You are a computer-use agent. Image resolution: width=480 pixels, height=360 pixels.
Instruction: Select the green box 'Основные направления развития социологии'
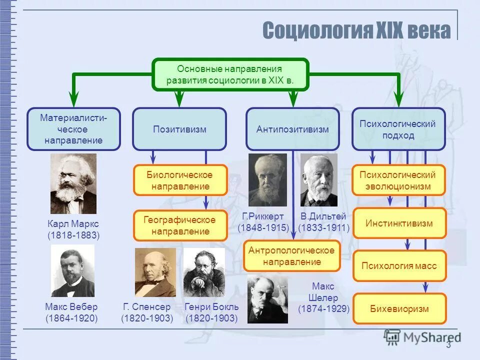click(x=230, y=74)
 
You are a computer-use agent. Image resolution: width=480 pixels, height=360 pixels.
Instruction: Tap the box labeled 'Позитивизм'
click(x=179, y=129)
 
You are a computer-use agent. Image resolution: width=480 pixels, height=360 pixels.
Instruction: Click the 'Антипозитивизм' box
click(x=292, y=129)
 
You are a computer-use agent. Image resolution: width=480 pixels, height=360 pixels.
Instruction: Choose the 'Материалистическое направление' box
click(x=73, y=129)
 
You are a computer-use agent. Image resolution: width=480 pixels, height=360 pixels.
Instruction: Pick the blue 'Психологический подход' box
click(x=398, y=129)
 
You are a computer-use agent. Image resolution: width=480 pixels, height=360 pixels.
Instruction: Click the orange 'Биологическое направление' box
click(x=179, y=180)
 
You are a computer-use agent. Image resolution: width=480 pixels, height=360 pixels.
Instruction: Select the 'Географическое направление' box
click(x=179, y=225)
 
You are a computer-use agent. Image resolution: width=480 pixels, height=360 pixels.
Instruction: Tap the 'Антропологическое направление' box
click(x=292, y=255)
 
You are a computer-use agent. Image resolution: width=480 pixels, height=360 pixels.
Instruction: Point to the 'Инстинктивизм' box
click(x=399, y=223)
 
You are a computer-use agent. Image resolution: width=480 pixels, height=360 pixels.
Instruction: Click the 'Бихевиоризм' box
click(x=399, y=308)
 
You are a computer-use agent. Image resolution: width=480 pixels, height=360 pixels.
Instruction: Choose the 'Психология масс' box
click(x=399, y=265)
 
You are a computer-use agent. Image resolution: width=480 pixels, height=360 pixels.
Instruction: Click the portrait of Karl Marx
click(x=73, y=183)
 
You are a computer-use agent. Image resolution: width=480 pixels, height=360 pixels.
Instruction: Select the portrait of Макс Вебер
click(x=72, y=270)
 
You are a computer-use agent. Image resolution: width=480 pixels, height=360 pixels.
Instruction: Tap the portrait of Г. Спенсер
click(x=155, y=272)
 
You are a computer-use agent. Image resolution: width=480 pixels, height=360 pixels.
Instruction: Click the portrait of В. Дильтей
click(x=319, y=180)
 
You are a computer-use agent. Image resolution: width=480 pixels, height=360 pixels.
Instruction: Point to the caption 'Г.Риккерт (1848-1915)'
click(x=263, y=222)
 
